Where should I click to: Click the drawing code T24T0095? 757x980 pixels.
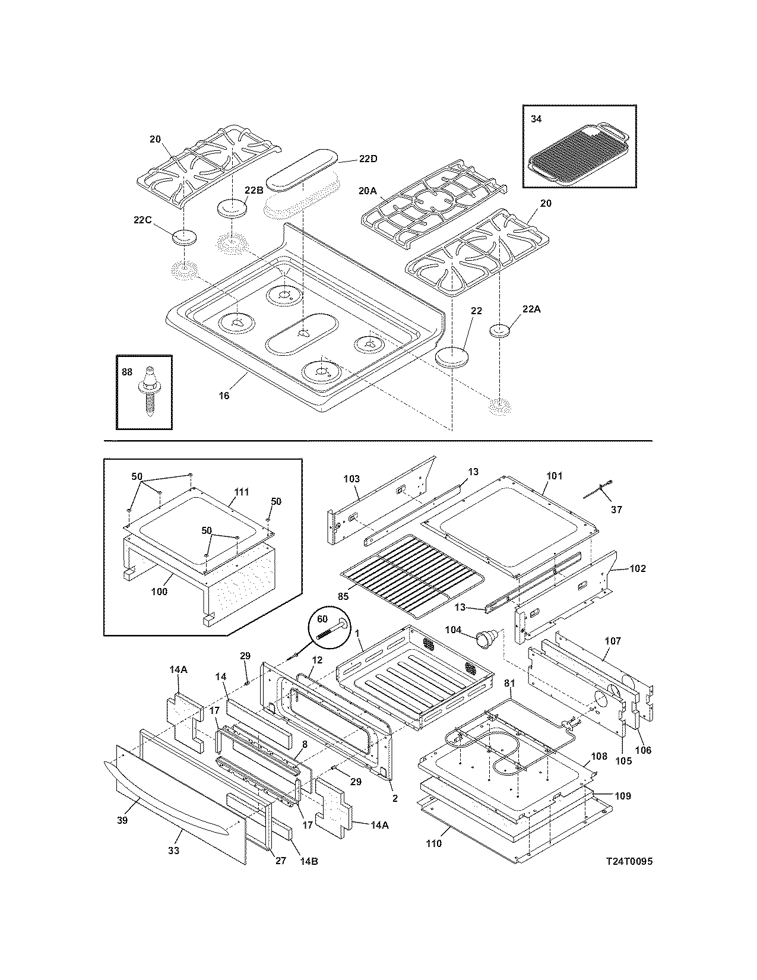629,861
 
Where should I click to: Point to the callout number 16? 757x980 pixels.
224,396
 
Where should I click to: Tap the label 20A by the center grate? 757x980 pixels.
368,191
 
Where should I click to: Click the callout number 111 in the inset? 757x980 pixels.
242,492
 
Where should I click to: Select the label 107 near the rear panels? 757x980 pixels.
613,641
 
